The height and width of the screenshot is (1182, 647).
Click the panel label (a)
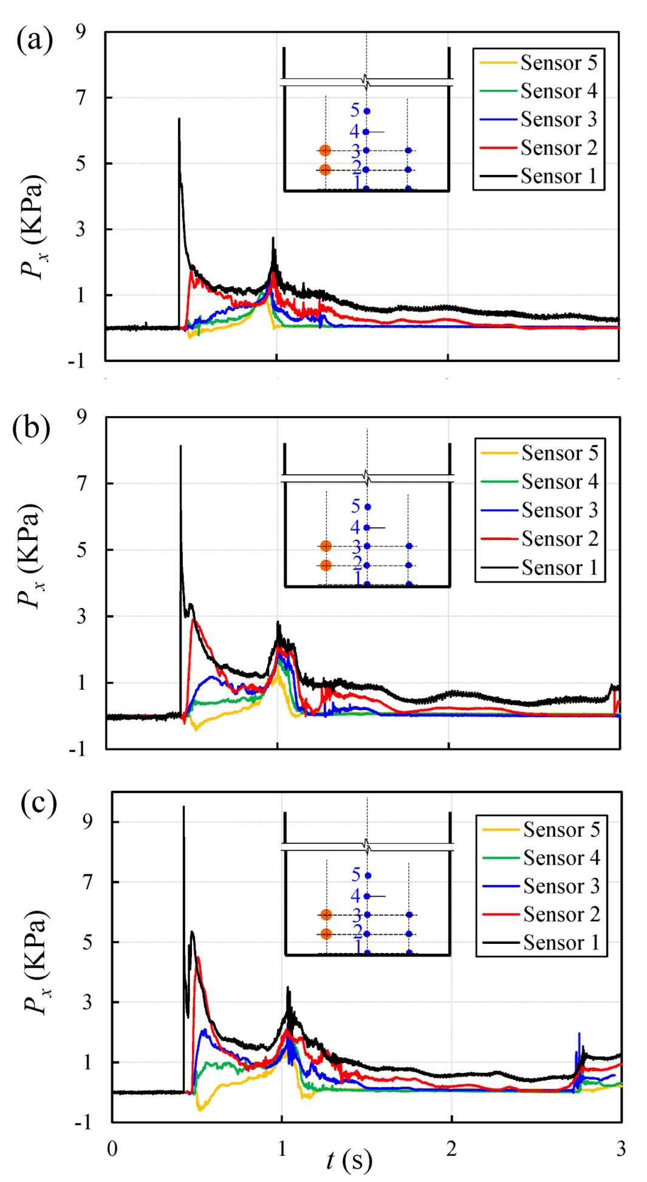pos(35,41)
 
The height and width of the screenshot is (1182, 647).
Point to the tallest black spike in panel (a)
pos(179,120)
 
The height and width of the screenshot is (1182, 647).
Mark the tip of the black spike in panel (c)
pos(183,807)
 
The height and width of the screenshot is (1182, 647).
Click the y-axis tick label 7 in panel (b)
pos(81,483)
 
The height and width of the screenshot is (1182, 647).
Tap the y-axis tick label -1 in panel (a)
pos(77,361)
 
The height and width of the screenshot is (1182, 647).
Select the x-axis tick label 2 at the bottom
pos(451,1149)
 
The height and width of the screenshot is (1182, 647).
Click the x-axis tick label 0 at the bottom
pos(112,1149)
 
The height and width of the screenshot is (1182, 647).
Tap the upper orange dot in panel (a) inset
pos(325,150)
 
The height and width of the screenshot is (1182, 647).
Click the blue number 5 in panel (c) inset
pos(356,875)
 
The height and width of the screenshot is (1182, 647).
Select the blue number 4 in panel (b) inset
pos(355,527)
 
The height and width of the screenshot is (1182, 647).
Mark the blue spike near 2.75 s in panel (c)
pos(579,1034)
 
